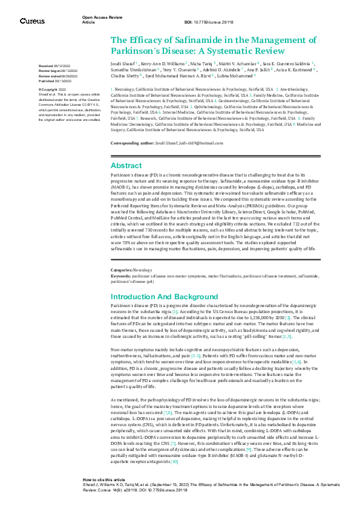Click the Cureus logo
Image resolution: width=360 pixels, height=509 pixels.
[x=32, y=21]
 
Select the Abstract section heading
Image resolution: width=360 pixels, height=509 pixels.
[x=126, y=166]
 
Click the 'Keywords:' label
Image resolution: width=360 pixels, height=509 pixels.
[x=122, y=275]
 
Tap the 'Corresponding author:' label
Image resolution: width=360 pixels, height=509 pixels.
[x=134, y=142]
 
